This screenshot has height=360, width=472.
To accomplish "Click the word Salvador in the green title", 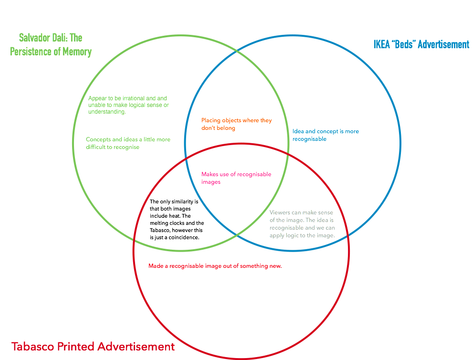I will pos(34,37).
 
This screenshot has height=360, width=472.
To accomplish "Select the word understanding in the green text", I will pos(106,112).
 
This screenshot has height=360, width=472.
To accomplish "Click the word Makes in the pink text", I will pos(210,174).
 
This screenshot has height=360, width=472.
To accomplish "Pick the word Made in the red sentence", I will pos(155,266).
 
